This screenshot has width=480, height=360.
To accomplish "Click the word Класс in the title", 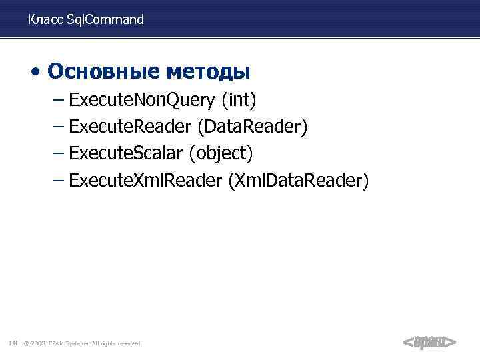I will [46, 20].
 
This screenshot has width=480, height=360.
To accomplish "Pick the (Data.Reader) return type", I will [253, 127].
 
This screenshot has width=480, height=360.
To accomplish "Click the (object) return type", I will [221, 154].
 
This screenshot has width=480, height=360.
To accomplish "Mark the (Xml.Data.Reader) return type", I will [298, 181].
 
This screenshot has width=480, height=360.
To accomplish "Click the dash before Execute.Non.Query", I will [58, 101].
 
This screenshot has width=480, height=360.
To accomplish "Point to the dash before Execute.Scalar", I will [58, 154].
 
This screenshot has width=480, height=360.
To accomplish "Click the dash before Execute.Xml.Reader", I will [58, 181].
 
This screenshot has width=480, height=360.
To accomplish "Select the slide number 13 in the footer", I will [13, 343].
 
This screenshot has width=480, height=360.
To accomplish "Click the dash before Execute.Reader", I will [58, 127].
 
